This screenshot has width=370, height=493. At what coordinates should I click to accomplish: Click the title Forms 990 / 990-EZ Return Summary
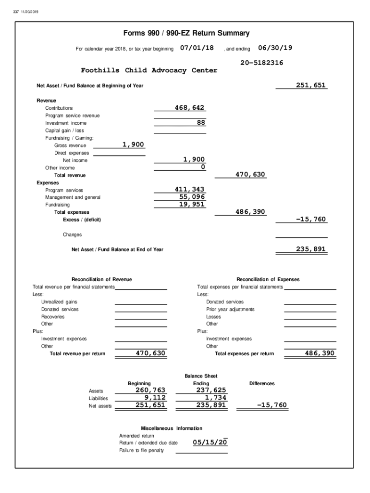(x=186, y=33)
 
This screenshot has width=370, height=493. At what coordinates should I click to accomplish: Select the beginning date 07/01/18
(x=197, y=48)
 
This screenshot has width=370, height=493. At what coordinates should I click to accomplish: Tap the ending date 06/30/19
(x=275, y=48)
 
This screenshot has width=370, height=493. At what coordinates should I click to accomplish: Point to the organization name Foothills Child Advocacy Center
(x=149, y=70)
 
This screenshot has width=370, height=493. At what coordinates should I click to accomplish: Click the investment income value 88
(x=201, y=122)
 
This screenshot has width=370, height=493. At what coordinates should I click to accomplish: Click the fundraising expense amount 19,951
(x=192, y=204)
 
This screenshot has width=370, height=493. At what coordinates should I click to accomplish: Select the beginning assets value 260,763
(x=150, y=390)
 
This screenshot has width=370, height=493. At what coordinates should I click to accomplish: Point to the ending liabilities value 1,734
(x=215, y=398)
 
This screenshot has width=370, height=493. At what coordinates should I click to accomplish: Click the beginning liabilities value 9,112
(x=155, y=398)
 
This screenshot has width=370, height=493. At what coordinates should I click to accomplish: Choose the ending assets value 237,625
(x=211, y=390)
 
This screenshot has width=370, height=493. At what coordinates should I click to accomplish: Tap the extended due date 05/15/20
(x=210, y=442)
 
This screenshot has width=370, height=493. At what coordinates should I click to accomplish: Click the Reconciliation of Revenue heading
(x=101, y=279)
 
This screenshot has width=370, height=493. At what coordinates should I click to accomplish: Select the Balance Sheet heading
(x=201, y=376)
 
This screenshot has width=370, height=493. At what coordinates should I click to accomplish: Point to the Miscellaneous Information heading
(x=172, y=428)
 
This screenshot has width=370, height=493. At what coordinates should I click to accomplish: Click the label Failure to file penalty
(x=141, y=450)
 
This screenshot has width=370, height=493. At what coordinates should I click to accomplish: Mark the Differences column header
(x=262, y=383)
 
